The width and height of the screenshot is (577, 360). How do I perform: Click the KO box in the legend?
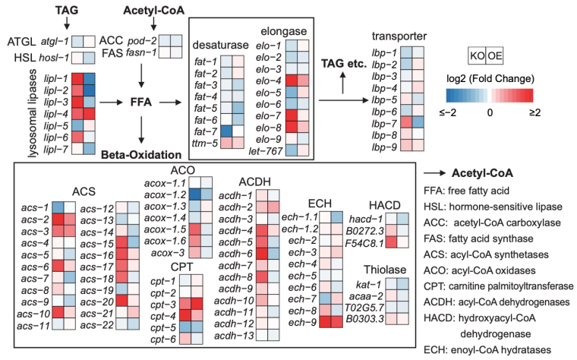(480, 57)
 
